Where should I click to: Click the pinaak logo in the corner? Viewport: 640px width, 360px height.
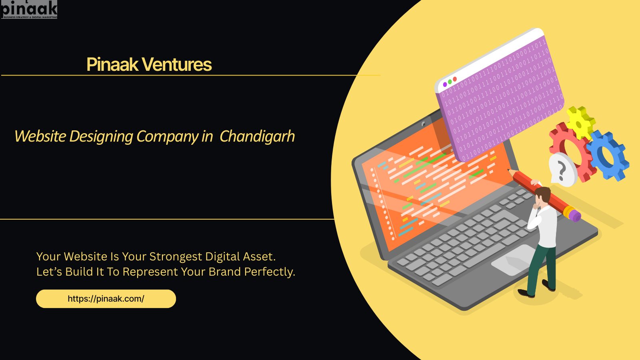29,9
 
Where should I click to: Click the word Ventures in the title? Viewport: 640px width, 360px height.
177,64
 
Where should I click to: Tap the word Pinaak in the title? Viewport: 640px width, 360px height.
112,64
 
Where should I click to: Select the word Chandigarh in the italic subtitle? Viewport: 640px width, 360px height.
257,136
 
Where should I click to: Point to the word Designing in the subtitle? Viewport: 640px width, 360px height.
101,136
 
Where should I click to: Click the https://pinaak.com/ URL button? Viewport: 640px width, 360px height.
106,299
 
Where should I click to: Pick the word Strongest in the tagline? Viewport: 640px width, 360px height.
176,256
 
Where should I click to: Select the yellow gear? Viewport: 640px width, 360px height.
580,122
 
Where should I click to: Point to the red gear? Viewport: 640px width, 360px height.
568,148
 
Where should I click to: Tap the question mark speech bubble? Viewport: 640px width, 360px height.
562,170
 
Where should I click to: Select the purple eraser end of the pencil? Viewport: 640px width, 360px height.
575,216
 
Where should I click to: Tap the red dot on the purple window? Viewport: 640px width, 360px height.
455,79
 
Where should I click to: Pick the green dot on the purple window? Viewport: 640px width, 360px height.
450,82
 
